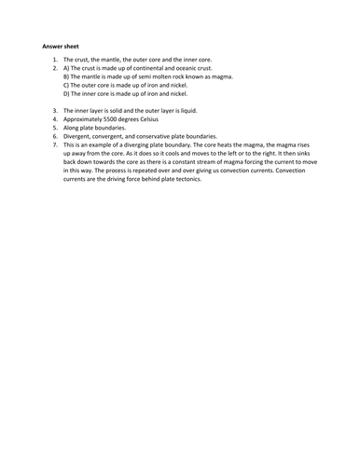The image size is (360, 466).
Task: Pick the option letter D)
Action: [x=67, y=94]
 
